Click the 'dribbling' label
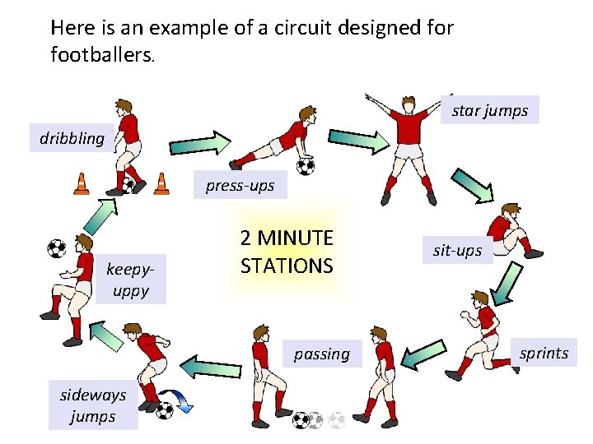pyautogui.click(x=72, y=138)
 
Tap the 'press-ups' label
pyautogui.click(x=240, y=186)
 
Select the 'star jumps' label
pyautogui.click(x=490, y=110)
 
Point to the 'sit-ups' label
pyautogui.click(x=457, y=250)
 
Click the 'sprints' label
pyautogui.click(x=544, y=353)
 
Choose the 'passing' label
pyautogui.click(x=322, y=354)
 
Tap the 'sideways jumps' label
pyautogui.click(x=92, y=405)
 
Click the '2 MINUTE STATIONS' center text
pyautogui.click(x=287, y=252)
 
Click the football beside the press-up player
pyautogui.click(x=306, y=167)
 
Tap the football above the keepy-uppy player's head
pyautogui.click(x=56, y=248)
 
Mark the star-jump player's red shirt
pyautogui.click(x=408, y=127)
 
